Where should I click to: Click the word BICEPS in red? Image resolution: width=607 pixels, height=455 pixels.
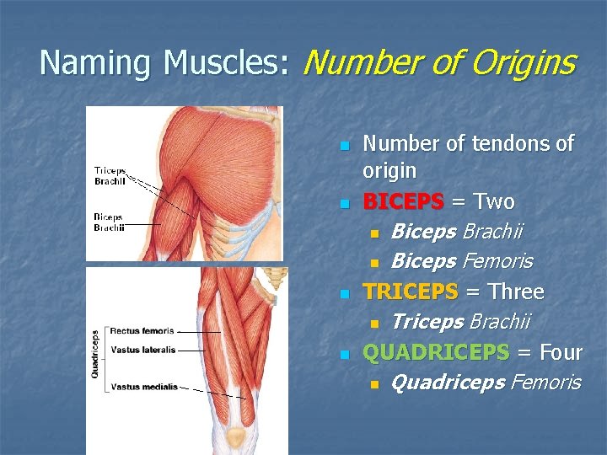pyautogui.click(x=403, y=202)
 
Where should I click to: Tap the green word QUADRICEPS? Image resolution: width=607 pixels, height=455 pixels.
pyautogui.click(x=436, y=352)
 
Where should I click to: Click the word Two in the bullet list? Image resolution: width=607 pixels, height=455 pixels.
pyautogui.click(x=495, y=202)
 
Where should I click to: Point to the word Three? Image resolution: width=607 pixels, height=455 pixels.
pyautogui.click(x=516, y=292)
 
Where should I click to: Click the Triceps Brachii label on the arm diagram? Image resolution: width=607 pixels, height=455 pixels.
pyautogui.click(x=110, y=175)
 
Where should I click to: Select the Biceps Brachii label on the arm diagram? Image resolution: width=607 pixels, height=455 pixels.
pyautogui.click(x=109, y=222)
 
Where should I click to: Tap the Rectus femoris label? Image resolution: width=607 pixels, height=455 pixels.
pyautogui.click(x=142, y=331)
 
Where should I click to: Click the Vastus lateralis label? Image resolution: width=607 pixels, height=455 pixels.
pyautogui.click(x=143, y=349)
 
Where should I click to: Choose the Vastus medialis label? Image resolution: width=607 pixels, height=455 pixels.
pyautogui.click(x=144, y=387)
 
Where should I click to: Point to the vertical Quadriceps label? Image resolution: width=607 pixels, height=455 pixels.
pyautogui.click(x=95, y=354)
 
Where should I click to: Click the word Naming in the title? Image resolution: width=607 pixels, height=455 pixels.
pyautogui.click(x=97, y=62)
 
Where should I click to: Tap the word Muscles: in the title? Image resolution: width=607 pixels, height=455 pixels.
pyautogui.click(x=227, y=62)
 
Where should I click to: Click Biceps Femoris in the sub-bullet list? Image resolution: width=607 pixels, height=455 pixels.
pyautogui.click(x=462, y=262)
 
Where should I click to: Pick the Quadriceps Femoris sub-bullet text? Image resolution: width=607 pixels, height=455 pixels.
pyautogui.click(x=486, y=383)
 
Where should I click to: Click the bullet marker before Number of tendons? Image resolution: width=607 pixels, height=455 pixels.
pyautogui.click(x=344, y=145)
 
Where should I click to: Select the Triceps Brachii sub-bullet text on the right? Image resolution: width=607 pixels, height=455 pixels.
pyautogui.click(x=460, y=322)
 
